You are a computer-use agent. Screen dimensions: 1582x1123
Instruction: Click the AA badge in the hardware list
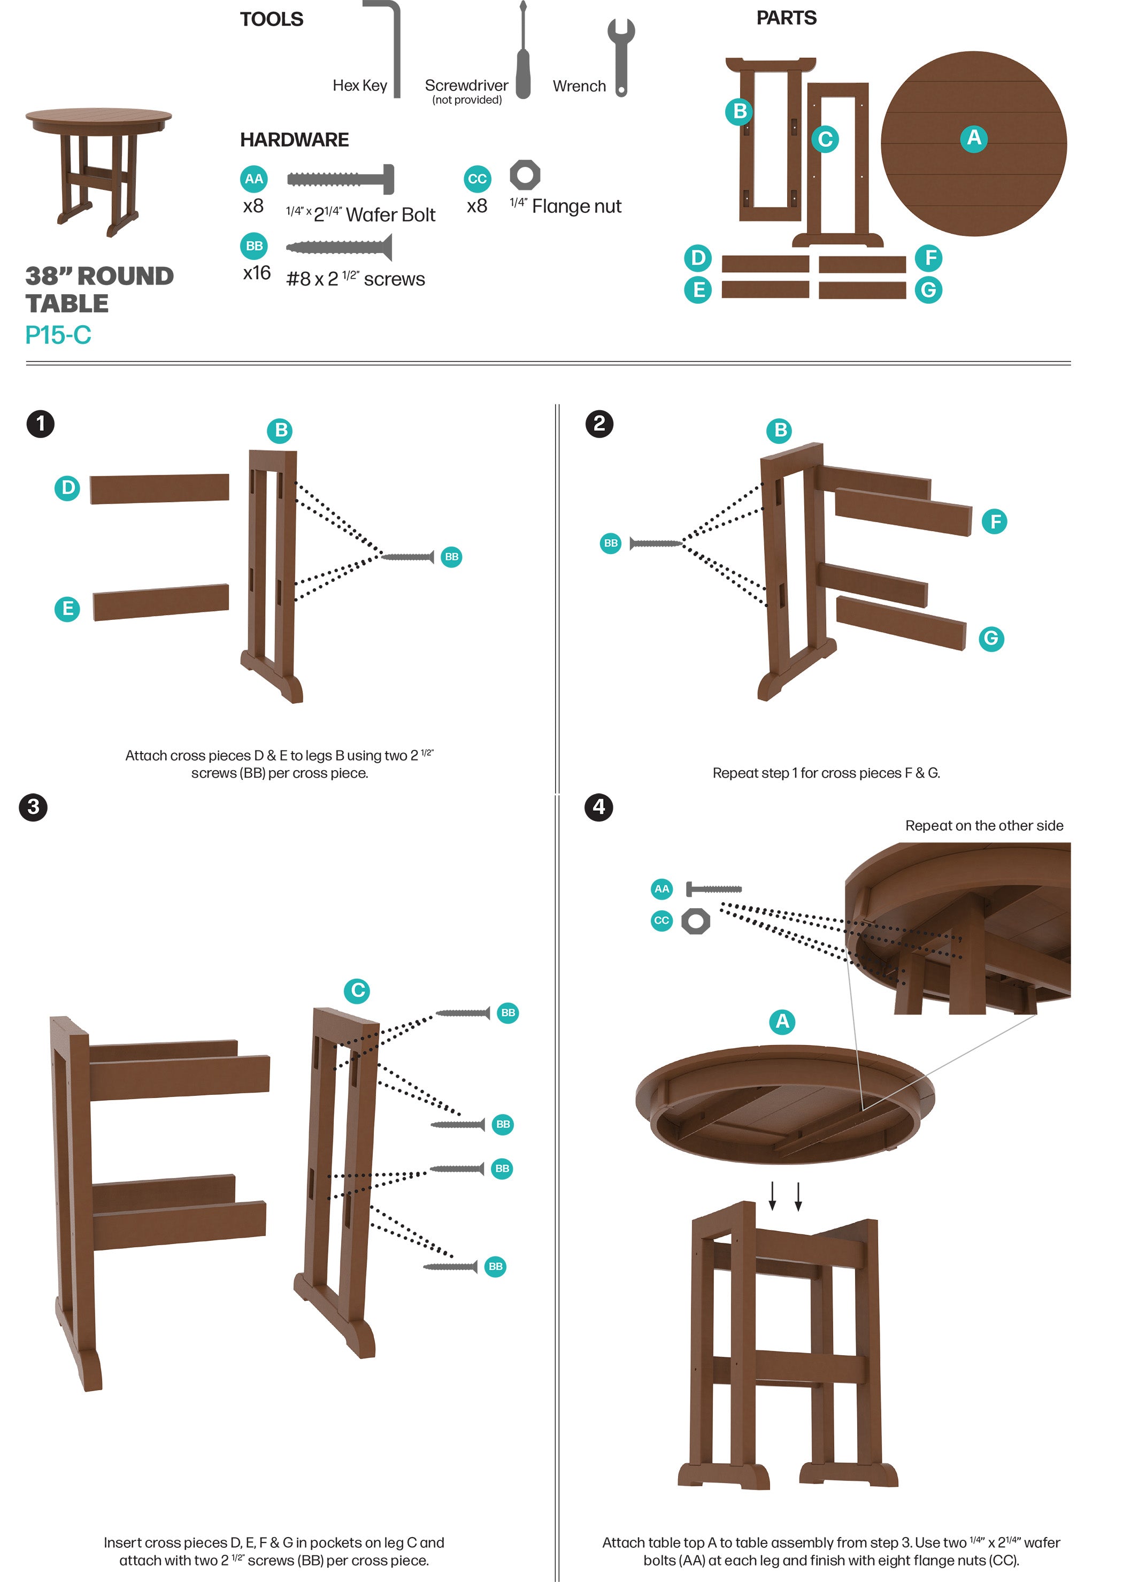pos(254,179)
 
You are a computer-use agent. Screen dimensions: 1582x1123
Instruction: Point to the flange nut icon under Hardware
pos(525,175)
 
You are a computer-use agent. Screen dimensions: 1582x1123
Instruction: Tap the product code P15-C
pos(58,335)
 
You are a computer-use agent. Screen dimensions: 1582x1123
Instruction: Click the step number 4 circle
pos(599,807)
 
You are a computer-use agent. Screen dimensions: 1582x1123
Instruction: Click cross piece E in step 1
pos(160,602)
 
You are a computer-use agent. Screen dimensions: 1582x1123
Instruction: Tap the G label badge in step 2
pos(991,638)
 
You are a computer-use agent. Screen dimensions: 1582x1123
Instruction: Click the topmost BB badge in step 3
pos(507,1013)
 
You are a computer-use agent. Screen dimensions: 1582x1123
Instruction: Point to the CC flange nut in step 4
pos(696,921)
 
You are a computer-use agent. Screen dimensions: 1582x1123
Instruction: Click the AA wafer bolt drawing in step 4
pos(713,888)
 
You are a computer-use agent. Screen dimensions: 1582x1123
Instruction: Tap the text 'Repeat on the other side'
pos(983,826)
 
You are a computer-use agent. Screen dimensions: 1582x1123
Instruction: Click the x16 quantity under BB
pos(257,273)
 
